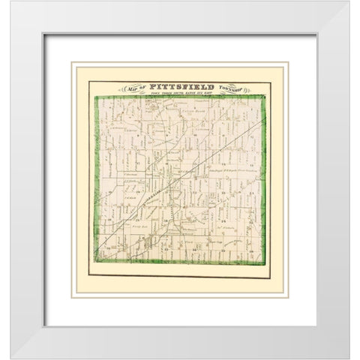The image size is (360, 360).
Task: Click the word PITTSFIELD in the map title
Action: coord(182,87)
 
